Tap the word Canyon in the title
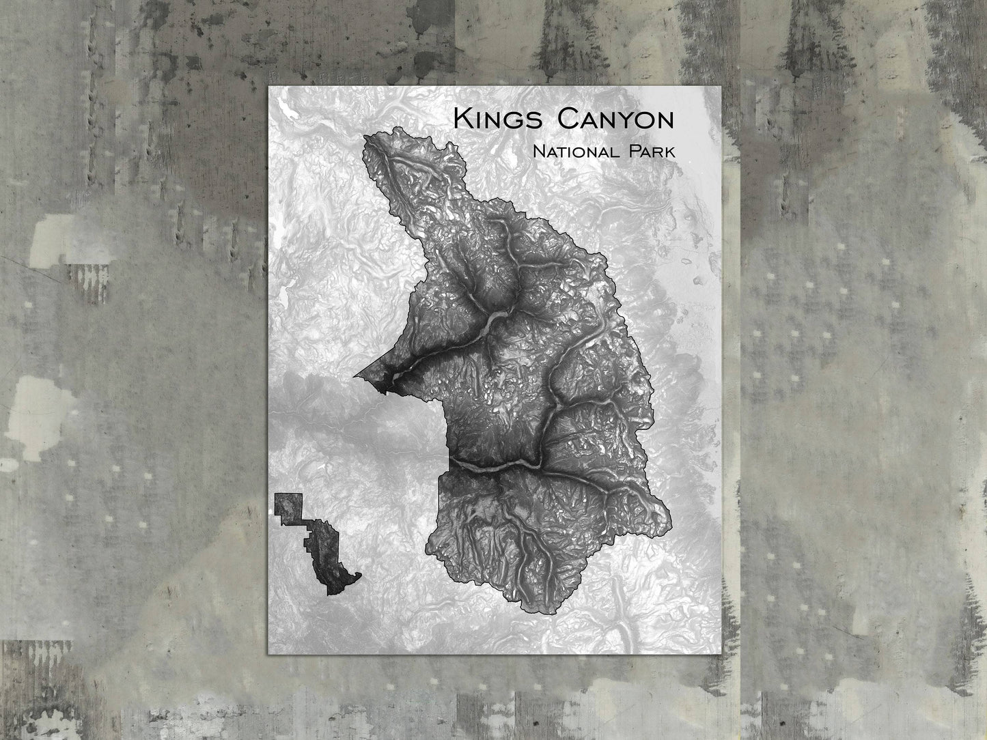pyautogui.click(x=615, y=119)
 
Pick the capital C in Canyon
pyautogui.click(x=567, y=119)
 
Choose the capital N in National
pyautogui.click(x=540, y=151)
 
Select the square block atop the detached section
pyautogui.click(x=288, y=506)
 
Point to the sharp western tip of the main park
pyautogui.click(x=355, y=375)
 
